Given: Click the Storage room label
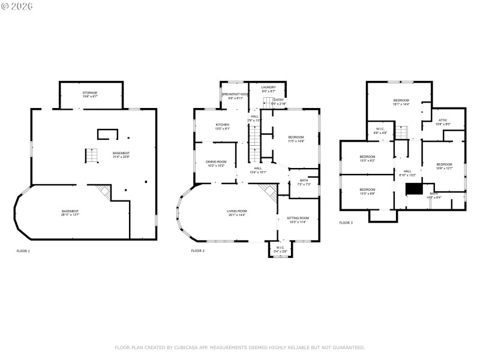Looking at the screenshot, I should (90, 94).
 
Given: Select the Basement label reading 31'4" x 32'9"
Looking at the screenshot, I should (121, 155).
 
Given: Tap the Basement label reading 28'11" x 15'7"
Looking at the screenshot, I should (70, 213).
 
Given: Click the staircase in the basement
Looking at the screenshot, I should (90, 156).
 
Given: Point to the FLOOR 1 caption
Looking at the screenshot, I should (23, 251).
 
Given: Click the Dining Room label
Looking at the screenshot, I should (216, 163).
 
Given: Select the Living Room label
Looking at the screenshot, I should (236, 213).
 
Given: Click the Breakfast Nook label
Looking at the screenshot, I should (235, 96).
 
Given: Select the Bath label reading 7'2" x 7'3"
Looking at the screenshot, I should (303, 182).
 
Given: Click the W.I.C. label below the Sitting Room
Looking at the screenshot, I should (280, 249).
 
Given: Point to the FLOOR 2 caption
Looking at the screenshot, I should (198, 251).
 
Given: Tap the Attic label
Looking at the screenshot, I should (443, 122).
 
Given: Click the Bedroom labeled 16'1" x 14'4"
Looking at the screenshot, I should (401, 102).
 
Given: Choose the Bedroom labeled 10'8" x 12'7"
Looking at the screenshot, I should (444, 166).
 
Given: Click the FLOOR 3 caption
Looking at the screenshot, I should (346, 223).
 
